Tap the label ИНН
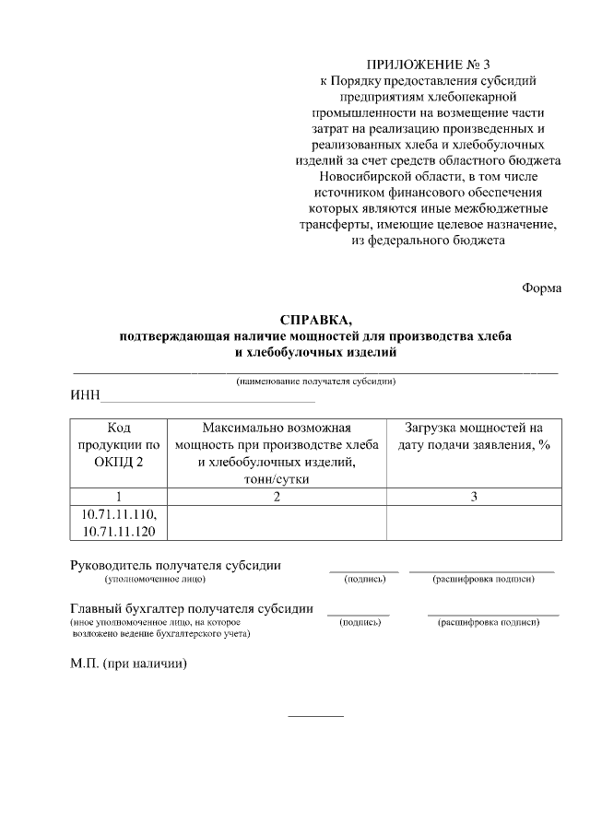tap(85, 396)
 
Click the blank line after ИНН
tap(207, 398)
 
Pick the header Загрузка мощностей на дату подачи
tap(473, 437)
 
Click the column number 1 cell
tap(119, 497)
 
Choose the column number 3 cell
tap(473, 497)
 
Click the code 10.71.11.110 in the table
tap(119, 514)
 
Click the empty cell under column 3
tap(473, 523)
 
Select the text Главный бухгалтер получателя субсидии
tap(191, 608)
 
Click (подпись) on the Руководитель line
tap(364, 580)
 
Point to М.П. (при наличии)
tap(128, 664)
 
